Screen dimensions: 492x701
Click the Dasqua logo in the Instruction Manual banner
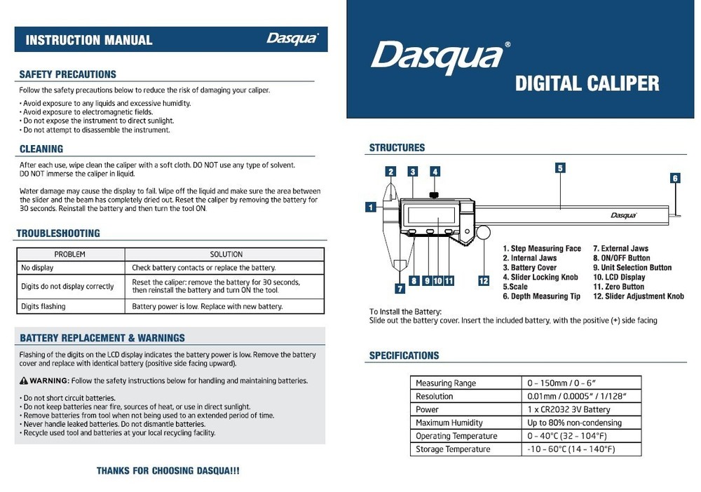click(292, 39)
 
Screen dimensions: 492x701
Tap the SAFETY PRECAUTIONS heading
click(67, 74)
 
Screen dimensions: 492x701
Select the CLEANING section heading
click(41, 149)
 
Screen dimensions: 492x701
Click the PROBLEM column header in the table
click(70, 254)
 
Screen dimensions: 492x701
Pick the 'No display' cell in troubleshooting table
click(37, 268)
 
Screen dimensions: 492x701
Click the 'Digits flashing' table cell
click(43, 306)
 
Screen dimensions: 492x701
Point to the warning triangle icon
click(24, 381)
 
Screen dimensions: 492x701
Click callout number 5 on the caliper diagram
click(560, 168)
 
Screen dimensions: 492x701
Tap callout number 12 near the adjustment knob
click(484, 281)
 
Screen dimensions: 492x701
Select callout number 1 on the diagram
click(369, 207)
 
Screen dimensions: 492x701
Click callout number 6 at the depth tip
click(675, 178)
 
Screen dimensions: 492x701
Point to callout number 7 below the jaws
click(400, 288)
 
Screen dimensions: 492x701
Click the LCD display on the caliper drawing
click(430, 215)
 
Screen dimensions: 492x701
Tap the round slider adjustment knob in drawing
click(483, 232)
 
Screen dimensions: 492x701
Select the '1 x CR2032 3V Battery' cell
click(569, 409)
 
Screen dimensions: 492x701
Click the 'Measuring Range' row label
click(445, 383)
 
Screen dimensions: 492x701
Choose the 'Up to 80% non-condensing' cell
click(574, 423)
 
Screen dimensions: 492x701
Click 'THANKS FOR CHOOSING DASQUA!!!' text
click(168, 471)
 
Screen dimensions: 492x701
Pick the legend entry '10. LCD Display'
click(619, 278)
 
